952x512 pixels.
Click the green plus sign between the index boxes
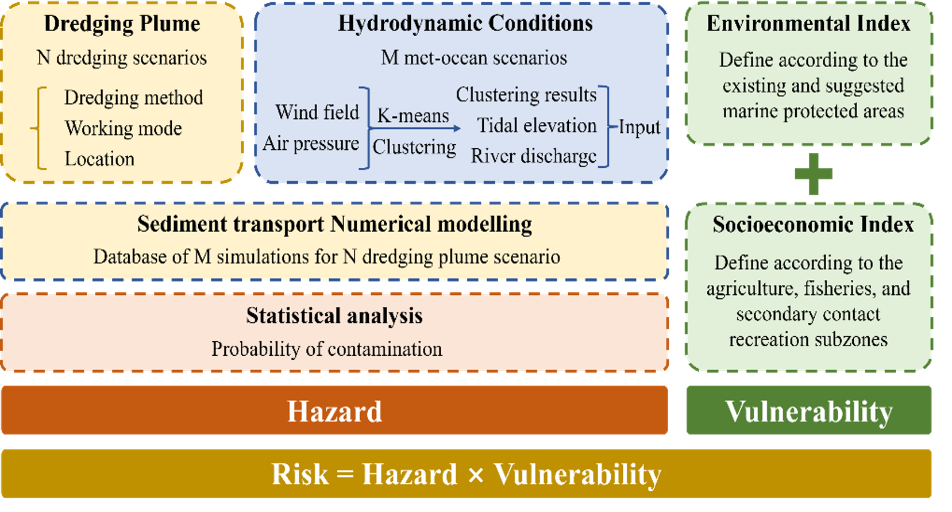coord(814,174)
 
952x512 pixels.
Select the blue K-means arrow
coord(415,128)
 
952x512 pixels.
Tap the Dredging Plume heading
coord(122,24)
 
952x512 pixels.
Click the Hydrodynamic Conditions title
coord(465,24)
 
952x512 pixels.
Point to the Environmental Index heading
coord(808,24)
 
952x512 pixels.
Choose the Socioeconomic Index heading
coord(813,225)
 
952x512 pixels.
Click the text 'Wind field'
coord(317,112)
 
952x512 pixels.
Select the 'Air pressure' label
coord(311,144)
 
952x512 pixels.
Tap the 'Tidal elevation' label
coord(537,125)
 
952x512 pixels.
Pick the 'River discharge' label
coord(533,156)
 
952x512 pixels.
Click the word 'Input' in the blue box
coord(639,127)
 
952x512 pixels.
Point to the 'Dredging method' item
coord(133,98)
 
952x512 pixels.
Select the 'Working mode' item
coord(124,128)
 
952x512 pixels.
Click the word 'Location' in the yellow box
coord(99,159)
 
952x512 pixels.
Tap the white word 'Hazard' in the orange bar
coord(335,411)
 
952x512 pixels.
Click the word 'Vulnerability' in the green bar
coord(809,411)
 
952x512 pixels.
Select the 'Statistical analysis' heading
coord(334,316)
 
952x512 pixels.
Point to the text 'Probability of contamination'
coord(327,349)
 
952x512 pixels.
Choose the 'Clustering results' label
coord(526,95)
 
